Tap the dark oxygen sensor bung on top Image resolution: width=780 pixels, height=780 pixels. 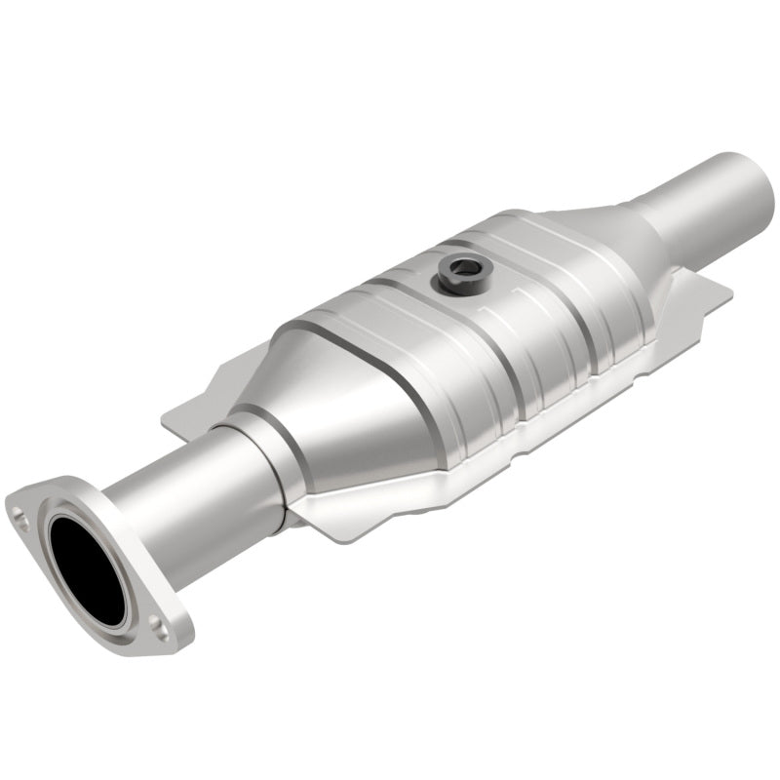457,276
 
